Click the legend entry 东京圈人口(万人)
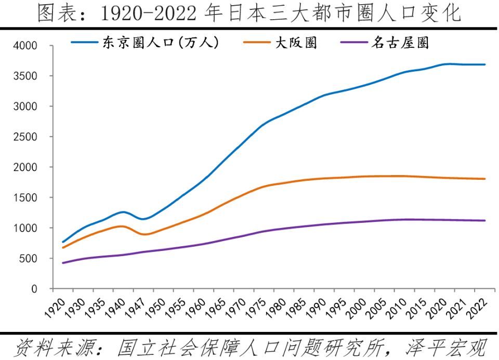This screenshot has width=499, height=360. coord(160,43)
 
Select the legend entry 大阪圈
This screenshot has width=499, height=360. coord(296,43)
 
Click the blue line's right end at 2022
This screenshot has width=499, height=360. coord(485,64)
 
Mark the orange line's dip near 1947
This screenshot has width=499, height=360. coord(144,234)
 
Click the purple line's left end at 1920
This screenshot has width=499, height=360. coord(63,263)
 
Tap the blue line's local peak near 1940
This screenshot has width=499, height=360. coord(123,212)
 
